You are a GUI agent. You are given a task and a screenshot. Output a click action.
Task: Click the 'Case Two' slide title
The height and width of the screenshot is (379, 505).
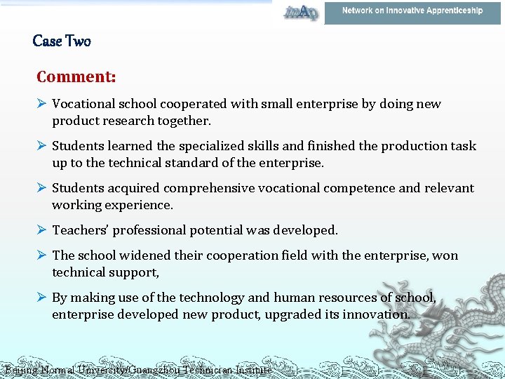click(x=62, y=41)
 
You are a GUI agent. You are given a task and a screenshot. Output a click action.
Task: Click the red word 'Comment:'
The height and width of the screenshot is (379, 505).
click(x=76, y=76)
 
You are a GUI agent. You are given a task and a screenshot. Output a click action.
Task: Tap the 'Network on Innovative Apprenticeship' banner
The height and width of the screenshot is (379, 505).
click(x=412, y=11)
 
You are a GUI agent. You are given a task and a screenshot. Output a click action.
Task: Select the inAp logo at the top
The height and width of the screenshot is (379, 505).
click(x=300, y=12)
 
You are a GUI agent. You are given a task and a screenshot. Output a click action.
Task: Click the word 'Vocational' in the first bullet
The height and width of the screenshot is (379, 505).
click(x=83, y=104)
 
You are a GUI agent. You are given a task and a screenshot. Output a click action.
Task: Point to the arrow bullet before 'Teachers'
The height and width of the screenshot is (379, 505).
click(x=42, y=230)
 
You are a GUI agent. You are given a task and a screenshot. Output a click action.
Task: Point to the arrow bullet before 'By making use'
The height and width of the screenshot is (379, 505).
click(x=42, y=298)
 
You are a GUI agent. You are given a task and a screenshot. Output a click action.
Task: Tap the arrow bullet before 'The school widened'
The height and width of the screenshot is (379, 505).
click(x=42, y=255)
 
